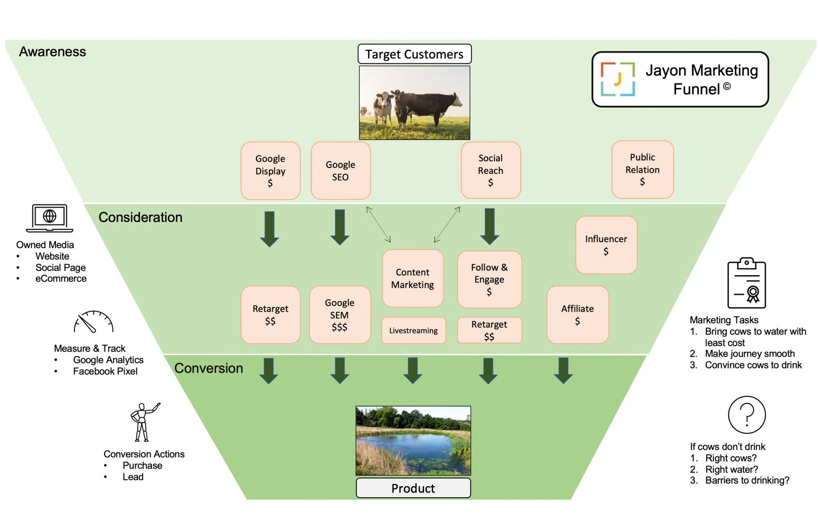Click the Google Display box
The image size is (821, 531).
pos(270,170)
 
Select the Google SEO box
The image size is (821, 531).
pos(340,170)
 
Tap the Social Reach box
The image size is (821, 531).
pos(491,170)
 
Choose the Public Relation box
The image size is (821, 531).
pos(642,169)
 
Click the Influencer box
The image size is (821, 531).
pos(606,245)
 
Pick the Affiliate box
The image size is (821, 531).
pos(578,315)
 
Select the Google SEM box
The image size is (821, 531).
pos(340,315)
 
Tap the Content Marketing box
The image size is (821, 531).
pos(412,279)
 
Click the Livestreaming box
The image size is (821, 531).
pos(413,331)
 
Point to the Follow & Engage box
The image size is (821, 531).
pos(489,279)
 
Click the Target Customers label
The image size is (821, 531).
pos(414,54)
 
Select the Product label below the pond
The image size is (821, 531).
pos(413,488)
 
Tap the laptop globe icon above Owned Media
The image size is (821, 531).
pos(50,218)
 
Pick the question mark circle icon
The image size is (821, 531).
pos(747,415)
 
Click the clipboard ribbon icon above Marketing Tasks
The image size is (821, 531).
pos(747,283)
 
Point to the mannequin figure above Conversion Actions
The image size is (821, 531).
pos(143,422)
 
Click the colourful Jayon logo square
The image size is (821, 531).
pos(618,79)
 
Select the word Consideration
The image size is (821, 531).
pos(141,217)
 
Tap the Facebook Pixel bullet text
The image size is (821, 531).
pos(105,371)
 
